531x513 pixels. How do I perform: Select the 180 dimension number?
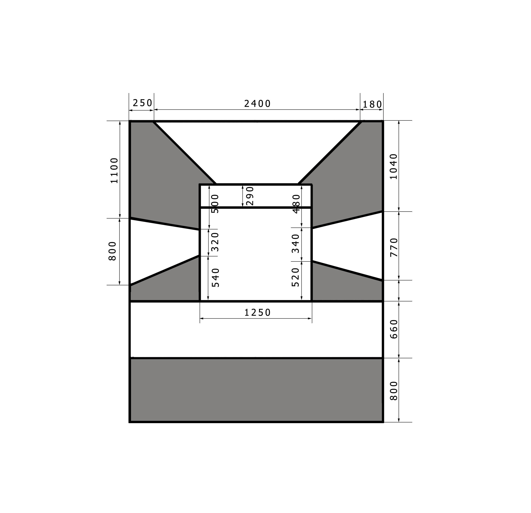click(x=372, y=104)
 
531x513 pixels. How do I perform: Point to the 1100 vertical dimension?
click(x=114, y=170)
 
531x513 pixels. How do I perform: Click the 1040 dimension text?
click(x=393, y=167)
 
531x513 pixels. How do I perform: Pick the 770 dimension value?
click(x=394, y=247)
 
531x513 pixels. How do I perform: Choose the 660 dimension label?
click(x=394, y=329)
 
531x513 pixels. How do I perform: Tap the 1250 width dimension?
click(x=257, y=313)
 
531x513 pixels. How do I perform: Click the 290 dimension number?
click(x=250, y=196)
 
